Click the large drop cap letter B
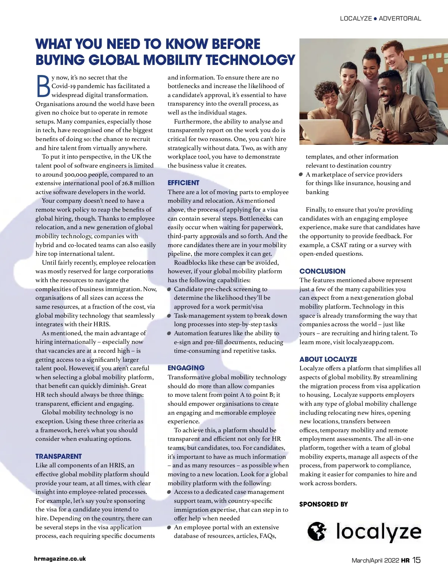tap(43, 86)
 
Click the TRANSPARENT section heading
tap(58, 456)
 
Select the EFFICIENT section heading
tap(183, 183)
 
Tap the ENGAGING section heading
tap(186, 368)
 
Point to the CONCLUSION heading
tap(322, 271)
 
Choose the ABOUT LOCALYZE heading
tap(328, 359)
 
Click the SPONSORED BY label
tap(323, 504)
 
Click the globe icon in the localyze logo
tap(317, 531)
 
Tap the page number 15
tap(416, 560)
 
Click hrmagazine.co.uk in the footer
tap(60, 559)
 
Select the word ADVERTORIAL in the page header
tap(400, 18)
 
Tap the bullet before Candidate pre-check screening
tap(169, 289)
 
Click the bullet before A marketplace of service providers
tap(301, 175)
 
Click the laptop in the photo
tap(329, 129)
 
